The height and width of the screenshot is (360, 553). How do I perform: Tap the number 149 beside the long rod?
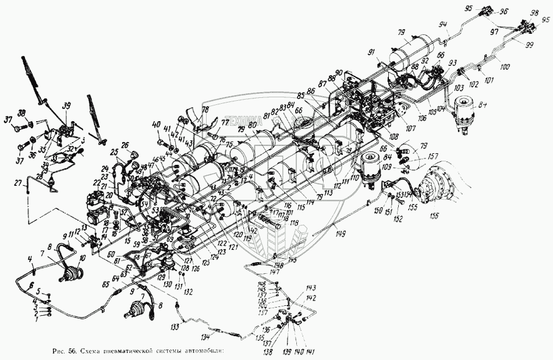tap(340, 234)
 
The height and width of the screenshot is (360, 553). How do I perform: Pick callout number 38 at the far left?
tap(22, 113)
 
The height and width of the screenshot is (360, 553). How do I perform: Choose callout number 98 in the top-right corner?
tap(534, 13)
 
